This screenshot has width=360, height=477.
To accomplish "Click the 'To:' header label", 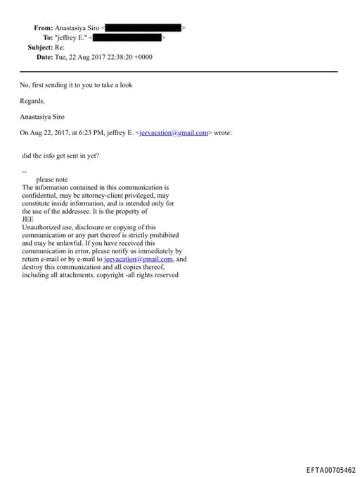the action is pyautogui.click(x=49, y=37).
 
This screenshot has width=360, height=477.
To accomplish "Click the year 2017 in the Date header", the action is pyautogui.click(x=102, y=56).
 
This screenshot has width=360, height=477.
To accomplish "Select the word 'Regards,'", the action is pyautogui.click(x=32, y=101).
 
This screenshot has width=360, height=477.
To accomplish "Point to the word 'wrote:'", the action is pyautogui.click(x=223, y=132).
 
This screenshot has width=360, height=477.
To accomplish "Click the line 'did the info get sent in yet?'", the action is pyautogui.click(x=60, y=155).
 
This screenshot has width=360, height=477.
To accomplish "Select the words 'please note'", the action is pyautogui.click(x=51, y=179).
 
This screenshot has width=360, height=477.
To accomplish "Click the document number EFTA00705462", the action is pyautogui.click(x=330, y=469).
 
